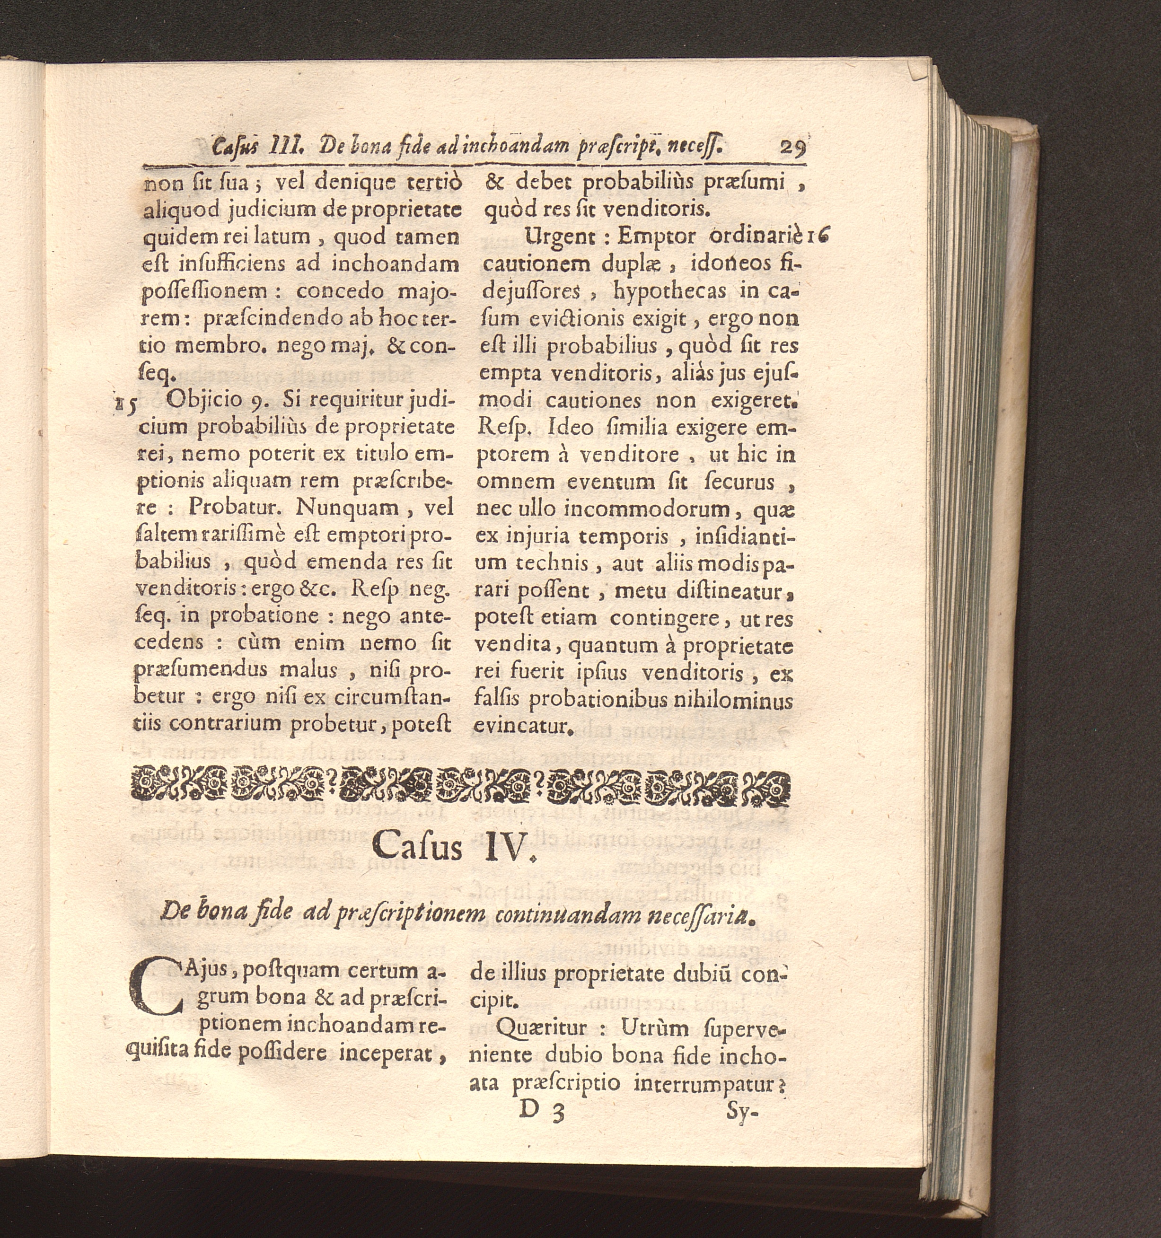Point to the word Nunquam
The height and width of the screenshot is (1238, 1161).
(x=347, y=508)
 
